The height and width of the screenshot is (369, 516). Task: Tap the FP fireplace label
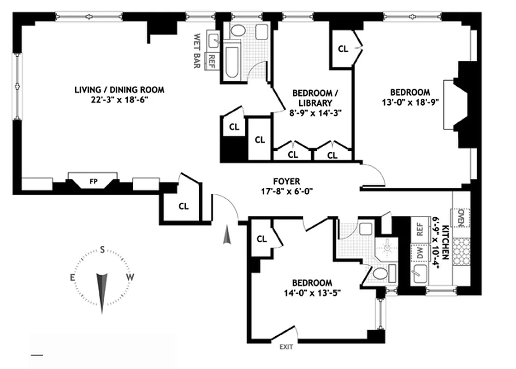[x=92, y=182]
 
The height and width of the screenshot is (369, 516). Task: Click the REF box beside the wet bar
[x=212, y=60]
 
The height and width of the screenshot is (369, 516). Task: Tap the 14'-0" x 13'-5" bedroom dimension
[x=312, y=292]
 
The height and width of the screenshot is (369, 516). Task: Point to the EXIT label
[x=286, y=346]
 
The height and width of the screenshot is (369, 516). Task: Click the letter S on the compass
[x=102, y=250]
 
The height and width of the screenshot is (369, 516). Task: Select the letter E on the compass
[x=72, y=277]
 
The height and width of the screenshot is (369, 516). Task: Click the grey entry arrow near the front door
[x=226, y=236]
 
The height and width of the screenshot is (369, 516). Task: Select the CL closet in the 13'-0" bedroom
[x=343, y=49]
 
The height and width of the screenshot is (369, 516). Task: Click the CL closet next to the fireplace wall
[x=183, y=206]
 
